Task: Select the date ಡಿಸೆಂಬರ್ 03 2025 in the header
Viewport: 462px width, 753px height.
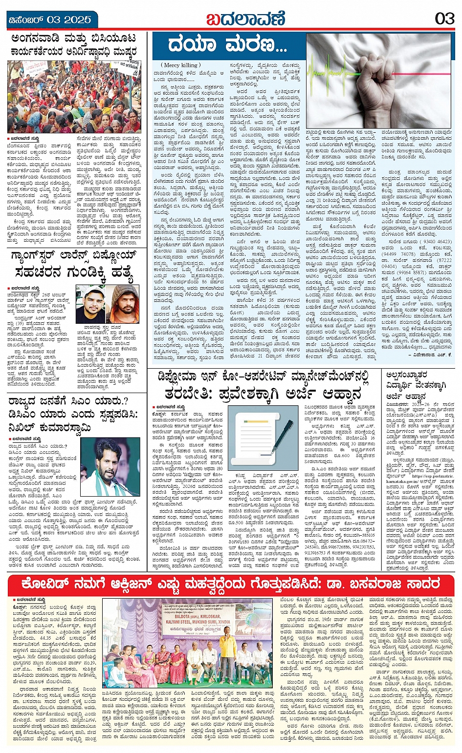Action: (50, 20)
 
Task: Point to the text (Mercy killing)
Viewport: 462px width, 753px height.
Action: (180, 65)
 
